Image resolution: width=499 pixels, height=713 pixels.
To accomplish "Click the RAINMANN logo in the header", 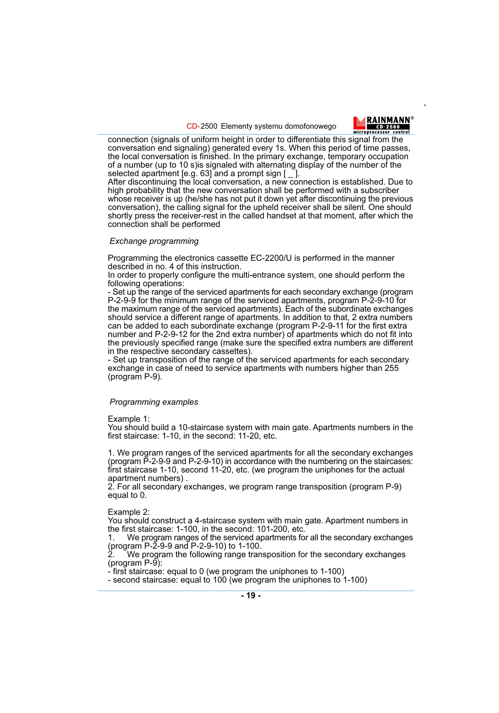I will [383, 125].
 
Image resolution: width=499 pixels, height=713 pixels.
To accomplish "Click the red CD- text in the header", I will [193, 126].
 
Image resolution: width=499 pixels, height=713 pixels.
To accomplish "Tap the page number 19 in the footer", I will [251, 595].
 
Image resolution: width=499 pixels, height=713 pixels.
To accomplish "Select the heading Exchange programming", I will [154, 241].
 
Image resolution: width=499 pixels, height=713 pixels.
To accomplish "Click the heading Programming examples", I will [154, 402].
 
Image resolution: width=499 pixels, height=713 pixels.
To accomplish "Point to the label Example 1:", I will [129, 419].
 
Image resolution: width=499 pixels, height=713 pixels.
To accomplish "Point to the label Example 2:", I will [129, 512].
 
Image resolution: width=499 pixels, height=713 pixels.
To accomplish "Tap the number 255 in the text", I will [391, 368].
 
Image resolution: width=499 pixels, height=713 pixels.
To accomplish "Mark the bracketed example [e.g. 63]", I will [196, 173].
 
